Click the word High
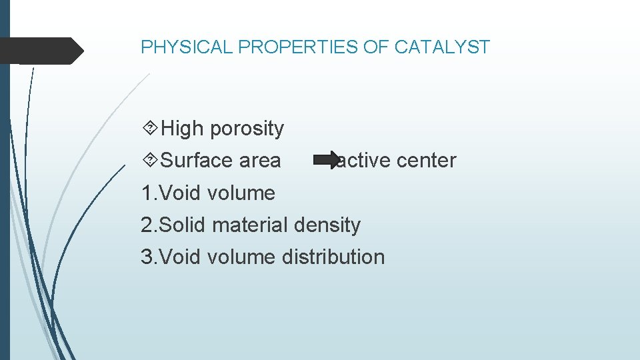(183, 128)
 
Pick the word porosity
(247, 128)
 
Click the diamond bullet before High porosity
(150, 128)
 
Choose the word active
(364, 161)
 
